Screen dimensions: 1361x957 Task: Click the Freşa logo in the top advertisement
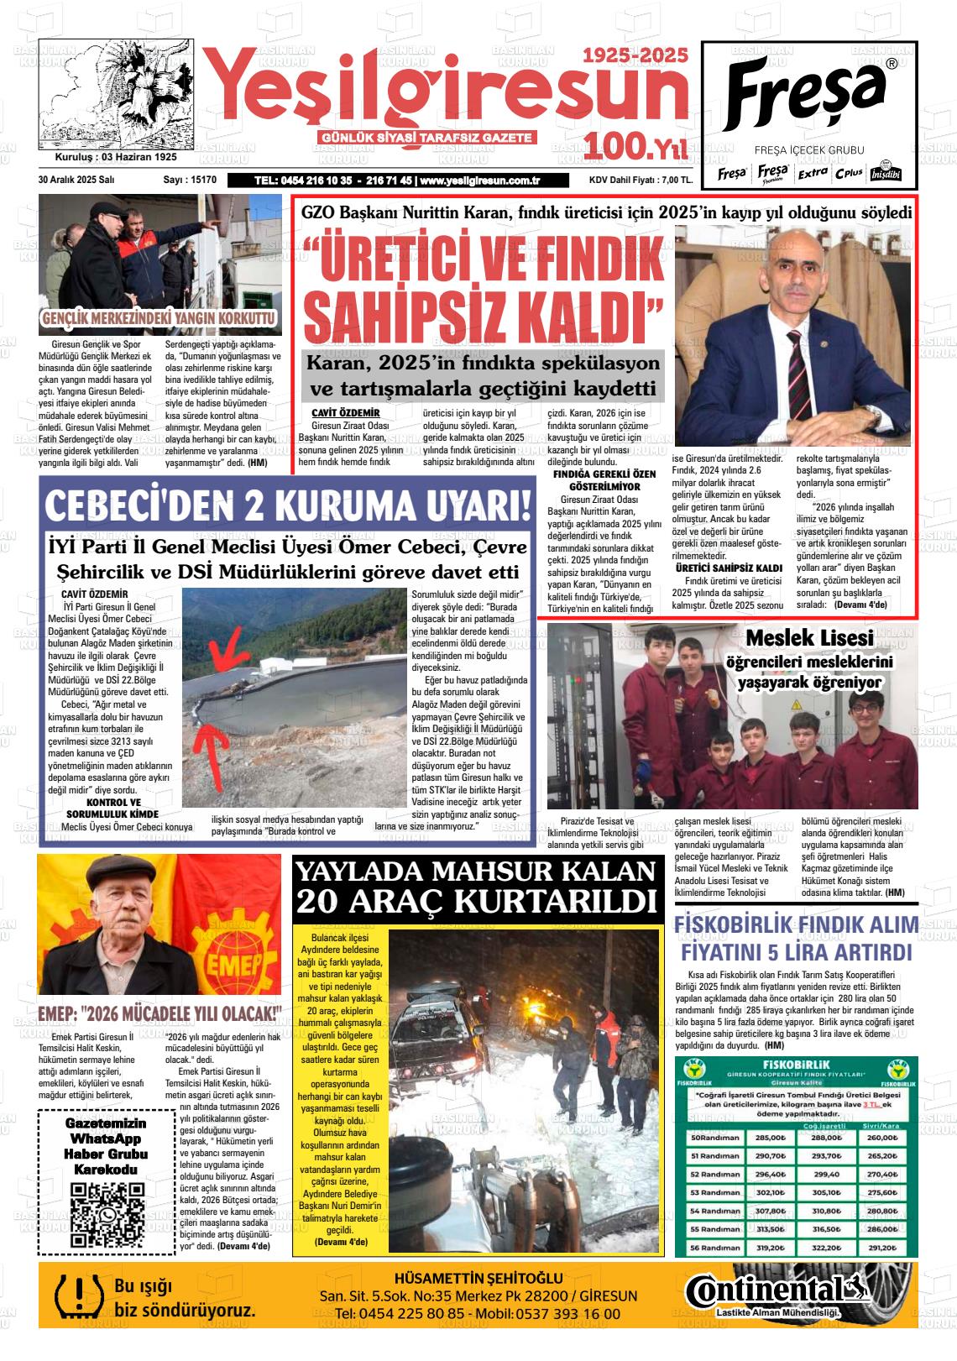pos(806,92)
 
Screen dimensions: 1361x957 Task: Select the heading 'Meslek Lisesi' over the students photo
pos(809,637)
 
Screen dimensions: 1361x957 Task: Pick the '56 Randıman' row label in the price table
pos(714,1248)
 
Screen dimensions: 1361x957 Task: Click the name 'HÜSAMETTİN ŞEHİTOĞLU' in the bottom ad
pos(478,1279)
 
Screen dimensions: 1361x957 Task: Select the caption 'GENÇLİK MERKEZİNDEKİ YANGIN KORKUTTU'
pos(159,319)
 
